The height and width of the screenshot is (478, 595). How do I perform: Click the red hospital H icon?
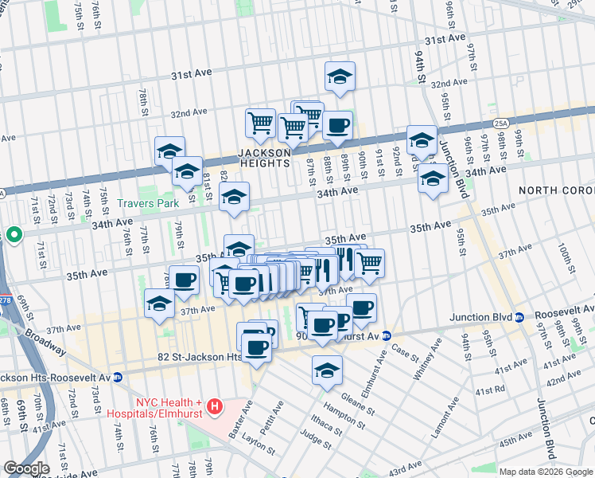click(214, 408)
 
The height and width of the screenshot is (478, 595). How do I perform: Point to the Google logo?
click(26, 468)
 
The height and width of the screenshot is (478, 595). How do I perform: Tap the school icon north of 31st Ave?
click(340, 77)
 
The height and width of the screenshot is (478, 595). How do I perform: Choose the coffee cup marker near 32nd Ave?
click(337, 125)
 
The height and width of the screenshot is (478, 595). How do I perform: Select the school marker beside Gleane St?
click(326, 370)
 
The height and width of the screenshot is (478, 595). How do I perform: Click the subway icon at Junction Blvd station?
click(519, 317)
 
